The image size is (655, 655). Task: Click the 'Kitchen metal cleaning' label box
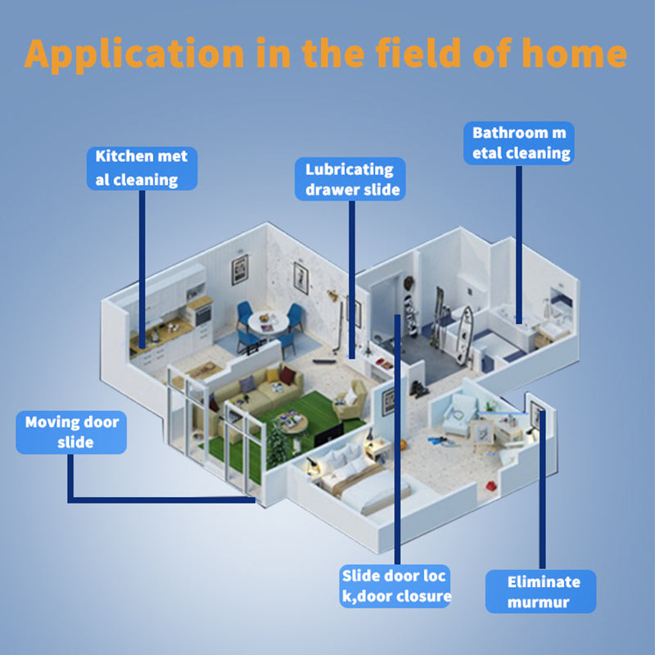point(142,168)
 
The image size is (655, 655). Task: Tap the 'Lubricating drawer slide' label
point(350,179)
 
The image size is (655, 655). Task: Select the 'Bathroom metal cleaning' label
point(518,142)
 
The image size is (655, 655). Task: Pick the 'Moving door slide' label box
point(71,432)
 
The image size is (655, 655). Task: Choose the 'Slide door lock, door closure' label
point(395,585)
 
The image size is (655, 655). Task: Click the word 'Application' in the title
point(134,53)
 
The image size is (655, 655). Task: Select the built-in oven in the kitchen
point(201,314)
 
